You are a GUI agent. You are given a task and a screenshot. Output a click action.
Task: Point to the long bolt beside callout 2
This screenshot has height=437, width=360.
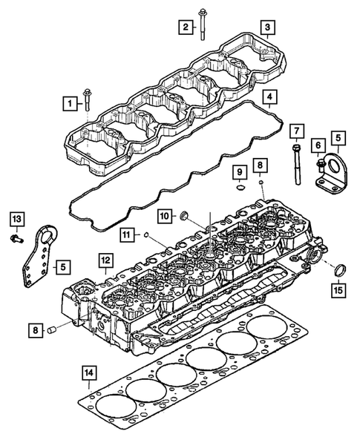203,24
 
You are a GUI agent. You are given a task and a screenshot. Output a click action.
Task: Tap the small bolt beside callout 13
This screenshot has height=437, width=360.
16,239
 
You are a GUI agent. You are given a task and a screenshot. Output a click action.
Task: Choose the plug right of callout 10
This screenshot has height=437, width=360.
186,217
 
